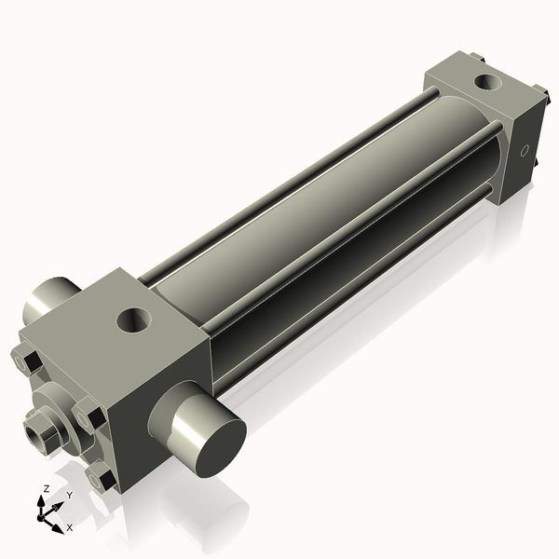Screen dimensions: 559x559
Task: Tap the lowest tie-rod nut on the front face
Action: point(101,478)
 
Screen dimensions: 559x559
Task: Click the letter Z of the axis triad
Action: point(46,488)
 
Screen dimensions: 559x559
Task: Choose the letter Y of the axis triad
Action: point(69,496)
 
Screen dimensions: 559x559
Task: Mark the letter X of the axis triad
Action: point(70,527)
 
